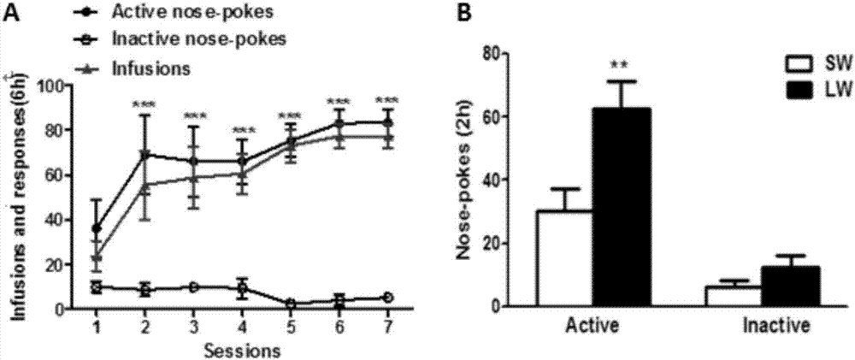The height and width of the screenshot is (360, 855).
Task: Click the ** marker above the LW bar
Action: [619, 65]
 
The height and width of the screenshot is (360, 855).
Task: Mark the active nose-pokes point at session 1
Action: [97, 228]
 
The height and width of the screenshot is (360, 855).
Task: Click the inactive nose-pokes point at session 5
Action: [292, 304]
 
